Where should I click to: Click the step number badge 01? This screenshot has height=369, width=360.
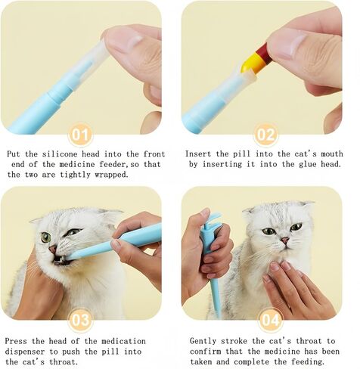[x=80, y=135]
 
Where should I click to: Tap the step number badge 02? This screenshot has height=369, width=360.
[x=266, y=135]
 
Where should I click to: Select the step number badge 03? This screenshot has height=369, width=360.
[x=80, y=320]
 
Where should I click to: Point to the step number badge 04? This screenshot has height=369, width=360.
[x=271, y=320]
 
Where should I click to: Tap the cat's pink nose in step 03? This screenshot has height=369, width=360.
[x=52, y=250]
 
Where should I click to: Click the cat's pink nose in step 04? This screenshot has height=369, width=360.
[x=285, y=240]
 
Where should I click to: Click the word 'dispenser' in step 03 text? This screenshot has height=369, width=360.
[x=24, y=352]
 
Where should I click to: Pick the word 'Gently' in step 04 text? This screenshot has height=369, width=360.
[x=203, y=341]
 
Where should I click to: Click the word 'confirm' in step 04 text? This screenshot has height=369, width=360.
[x=206, y=352]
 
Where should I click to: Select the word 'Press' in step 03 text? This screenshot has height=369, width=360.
[x=16, y=341]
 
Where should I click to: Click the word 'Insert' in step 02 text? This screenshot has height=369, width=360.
[x=198, y=153]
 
